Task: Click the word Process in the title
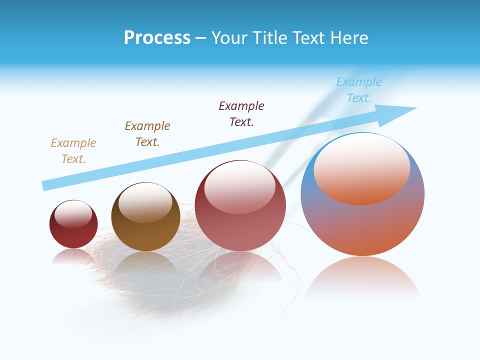157,38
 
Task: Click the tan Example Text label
73,151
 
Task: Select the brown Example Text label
147,134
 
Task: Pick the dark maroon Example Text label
241,114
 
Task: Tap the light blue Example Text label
359,90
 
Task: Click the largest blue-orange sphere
362,225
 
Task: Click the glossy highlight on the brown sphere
145,202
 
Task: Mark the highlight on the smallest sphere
73,214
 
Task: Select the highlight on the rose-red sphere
239,187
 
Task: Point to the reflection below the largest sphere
362,277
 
